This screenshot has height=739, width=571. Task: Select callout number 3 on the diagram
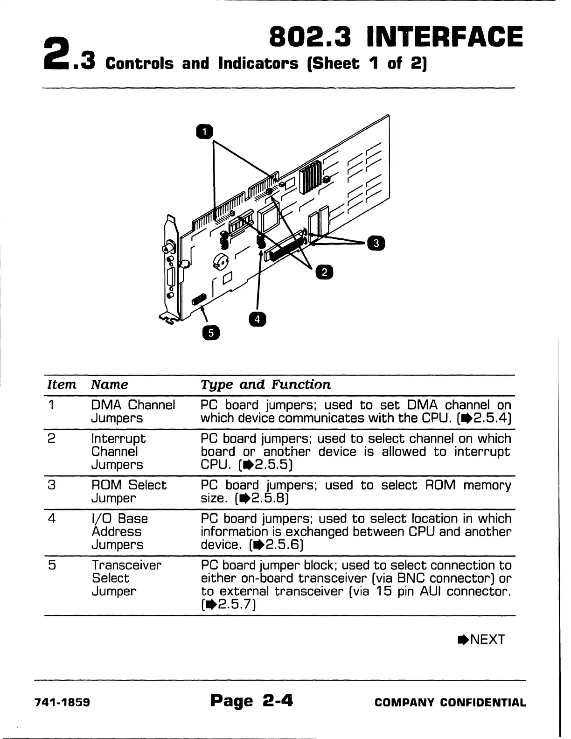[376, 243]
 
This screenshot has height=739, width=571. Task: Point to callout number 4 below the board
[258, 319]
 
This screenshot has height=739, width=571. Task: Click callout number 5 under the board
[211, 333]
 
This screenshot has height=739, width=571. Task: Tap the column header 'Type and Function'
[265, 385]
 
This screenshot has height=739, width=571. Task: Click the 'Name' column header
[110, 385]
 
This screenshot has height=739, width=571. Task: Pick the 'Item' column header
[62, 385]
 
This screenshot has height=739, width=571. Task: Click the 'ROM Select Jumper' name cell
[128, 491]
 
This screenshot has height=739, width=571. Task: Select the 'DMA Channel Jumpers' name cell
[133, 411]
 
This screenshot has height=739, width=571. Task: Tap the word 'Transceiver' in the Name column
[126, 565]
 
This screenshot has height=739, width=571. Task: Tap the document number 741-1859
[63, 703]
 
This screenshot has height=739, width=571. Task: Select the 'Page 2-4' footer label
[251, 701]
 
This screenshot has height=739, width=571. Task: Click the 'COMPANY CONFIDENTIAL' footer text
[450, 703]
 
